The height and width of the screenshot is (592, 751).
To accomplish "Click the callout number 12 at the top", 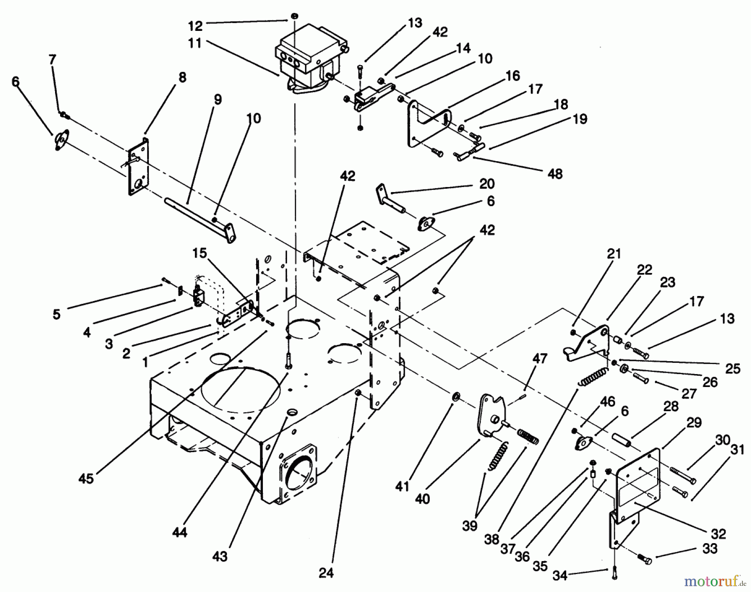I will click(195, 26).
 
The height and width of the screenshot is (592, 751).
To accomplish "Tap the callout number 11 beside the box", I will click(195, 43).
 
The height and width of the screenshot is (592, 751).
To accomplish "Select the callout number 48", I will click(555, 174).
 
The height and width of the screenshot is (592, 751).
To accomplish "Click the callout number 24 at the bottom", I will click(326, 573).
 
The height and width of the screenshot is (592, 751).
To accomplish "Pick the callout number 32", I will click(719, 534).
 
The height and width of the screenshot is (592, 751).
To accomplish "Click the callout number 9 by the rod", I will click(217, 99).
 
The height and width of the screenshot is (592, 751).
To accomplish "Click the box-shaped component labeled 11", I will click(311, 58).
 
